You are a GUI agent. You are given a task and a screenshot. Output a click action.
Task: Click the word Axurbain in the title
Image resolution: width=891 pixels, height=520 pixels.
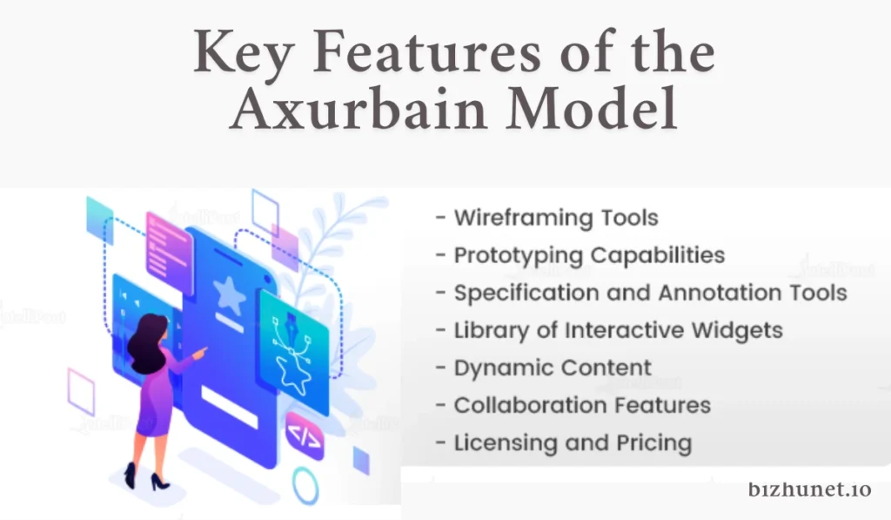[x=358, y=109]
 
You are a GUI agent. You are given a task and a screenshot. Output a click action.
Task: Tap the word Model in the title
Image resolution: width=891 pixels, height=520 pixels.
[x=592, y=109]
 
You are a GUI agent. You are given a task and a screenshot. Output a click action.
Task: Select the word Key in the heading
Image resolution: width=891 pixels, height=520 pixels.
[x=244, y=53]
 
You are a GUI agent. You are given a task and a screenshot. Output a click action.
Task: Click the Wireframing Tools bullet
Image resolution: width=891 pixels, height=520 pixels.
[x=547, y=218]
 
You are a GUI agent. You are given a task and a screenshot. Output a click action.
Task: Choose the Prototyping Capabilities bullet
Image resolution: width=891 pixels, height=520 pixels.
[x=580, y=256]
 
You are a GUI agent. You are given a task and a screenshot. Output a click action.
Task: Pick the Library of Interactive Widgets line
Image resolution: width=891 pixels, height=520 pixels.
[x=609, y=331]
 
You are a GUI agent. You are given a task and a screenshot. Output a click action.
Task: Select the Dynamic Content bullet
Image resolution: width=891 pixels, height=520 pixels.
[x=544, y=368]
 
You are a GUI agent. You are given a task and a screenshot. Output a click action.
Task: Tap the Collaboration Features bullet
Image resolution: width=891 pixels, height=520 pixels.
[x=573, y=406]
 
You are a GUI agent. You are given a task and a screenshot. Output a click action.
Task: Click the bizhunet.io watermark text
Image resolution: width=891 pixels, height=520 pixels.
[x=809, y=490]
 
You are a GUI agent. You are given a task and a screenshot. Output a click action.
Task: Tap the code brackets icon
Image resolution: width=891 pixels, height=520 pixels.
[x=304, y=436]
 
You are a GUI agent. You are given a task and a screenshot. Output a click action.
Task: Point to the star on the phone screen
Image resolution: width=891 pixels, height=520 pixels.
[x=230, y=295]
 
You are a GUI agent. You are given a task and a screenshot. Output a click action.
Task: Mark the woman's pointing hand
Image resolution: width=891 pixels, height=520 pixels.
[x=200, y=353]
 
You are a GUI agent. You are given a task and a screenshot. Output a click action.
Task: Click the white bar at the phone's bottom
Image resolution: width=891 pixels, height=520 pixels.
[x=230, y=407]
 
